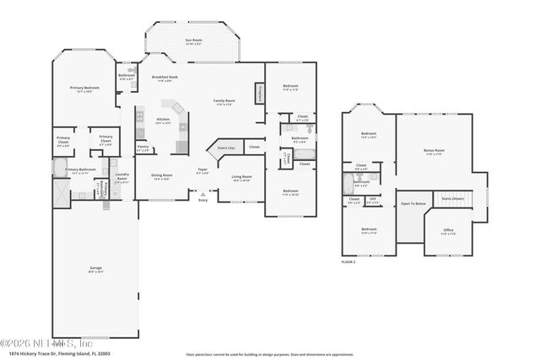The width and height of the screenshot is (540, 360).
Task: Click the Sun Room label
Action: coord(193,40)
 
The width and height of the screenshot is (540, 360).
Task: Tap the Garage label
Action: coord(96,269)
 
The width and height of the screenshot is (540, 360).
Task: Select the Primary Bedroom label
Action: coord(84,89)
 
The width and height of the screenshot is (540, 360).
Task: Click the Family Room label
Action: coord(224,101)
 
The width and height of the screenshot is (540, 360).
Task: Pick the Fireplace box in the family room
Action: coord(259,93)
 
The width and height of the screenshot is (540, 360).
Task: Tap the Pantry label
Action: coord(143,148)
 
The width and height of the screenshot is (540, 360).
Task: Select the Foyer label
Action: coord(202,170)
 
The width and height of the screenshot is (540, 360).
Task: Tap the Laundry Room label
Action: coord(121,178)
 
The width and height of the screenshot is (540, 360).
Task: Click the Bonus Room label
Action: coord(434,153)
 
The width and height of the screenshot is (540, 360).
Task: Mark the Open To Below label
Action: coord(412,203)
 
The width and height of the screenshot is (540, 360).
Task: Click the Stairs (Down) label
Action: coord(453,199)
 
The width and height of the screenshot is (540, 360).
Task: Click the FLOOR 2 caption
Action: coord(348,263)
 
